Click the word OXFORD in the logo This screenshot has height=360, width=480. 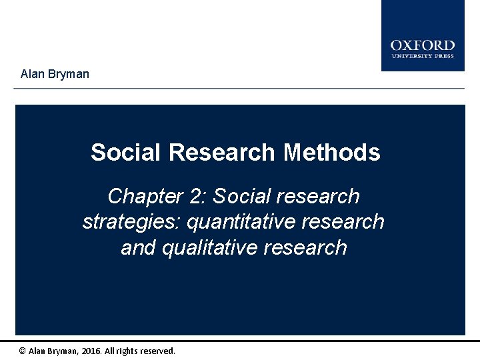click(423, 45)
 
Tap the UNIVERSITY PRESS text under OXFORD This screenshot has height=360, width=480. click(423, 56)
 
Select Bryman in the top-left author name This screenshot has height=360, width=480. click(69, 74)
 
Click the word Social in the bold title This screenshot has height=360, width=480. click(126, 153)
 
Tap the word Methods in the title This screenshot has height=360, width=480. click(332, 153)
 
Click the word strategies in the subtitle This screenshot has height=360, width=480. click(131, 221)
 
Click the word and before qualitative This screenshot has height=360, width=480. click(139, 247)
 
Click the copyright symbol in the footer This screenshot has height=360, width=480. click(23, 351)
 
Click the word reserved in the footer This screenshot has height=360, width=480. click(160, 351)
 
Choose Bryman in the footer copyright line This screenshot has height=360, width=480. click(65, 351)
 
